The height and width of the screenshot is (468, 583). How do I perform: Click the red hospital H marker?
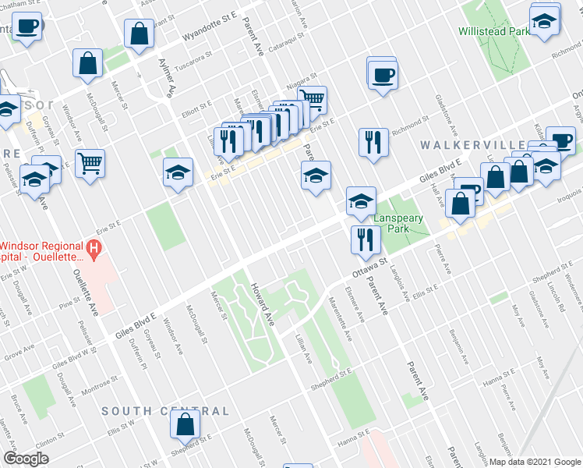pyautogui.click(x=94, y=251)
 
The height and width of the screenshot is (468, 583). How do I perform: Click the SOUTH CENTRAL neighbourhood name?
pyautogui.click(x=165, y=411)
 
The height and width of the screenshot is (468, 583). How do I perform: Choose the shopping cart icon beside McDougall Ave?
pyautogui.click(x=90, y=163)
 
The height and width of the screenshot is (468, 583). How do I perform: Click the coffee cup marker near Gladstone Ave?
pyautogui.click(x=382, y=75)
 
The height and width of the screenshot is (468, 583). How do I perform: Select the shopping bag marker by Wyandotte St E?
pyautogui.click(x=138, y=34)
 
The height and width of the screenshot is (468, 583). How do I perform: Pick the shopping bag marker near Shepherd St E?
pyautogui.click(x=185, y=424)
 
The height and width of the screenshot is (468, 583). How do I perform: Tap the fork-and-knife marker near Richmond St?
pyautogui.click(x=374, y=142)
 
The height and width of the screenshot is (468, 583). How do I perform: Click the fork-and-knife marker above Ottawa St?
pyautogui.click(x=364, y=239)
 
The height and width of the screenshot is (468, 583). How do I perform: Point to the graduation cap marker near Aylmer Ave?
pyautogui.click(x=178, y=172)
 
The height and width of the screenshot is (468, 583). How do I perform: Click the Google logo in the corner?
pyautogui.click(x=26, y=459)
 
